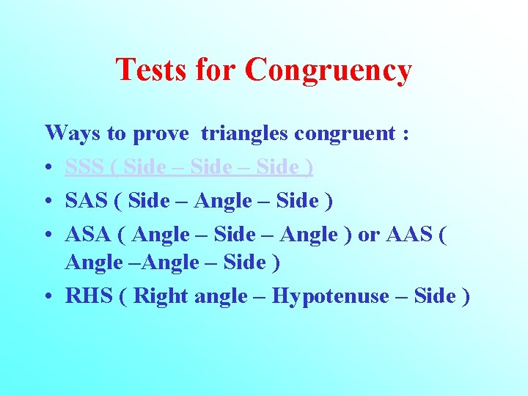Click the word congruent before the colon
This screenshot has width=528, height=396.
(345, 135)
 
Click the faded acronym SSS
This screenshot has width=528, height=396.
(84, 168)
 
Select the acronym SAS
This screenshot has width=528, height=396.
(85, 200)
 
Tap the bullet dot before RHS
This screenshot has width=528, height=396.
(49, 297)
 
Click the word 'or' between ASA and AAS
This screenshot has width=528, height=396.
(368, 235)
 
